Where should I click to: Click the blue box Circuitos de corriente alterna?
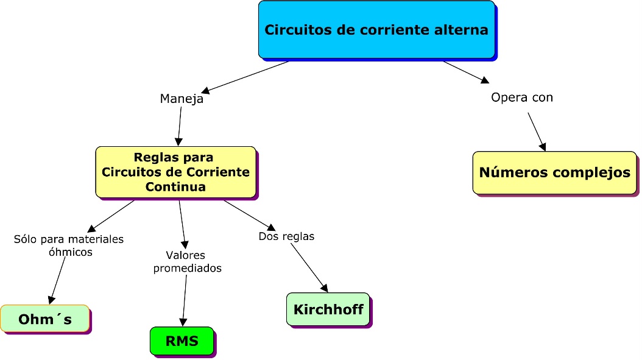pos(376,29)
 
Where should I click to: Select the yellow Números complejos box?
pos(554,172)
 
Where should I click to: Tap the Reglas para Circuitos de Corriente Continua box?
pos(175,172)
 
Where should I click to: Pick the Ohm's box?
pos(44,319)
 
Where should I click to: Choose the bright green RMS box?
pos(182,341)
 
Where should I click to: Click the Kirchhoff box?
pos(328,309)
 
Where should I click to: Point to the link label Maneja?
pos(182,99)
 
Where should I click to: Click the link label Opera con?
pos(522,97)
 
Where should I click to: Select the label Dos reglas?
pos(286,236)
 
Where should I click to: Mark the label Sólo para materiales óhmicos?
pos(69,245)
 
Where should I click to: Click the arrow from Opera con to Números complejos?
pos(536,131)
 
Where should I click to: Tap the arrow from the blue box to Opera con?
pos(466,72)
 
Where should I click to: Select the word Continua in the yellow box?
pos(175,186)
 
